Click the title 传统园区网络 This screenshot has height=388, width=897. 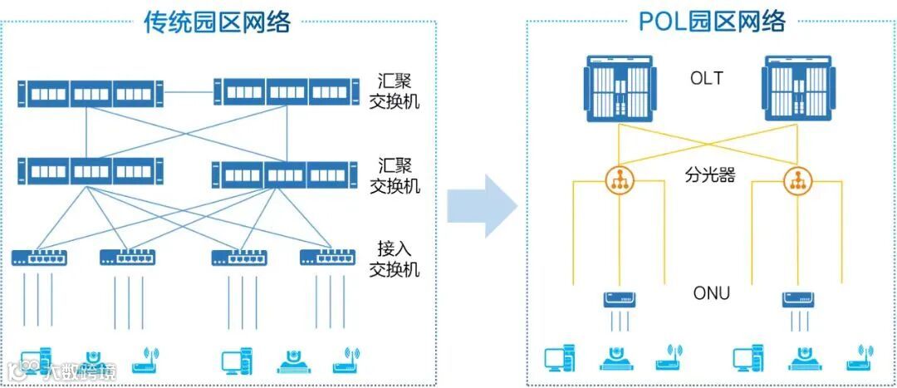[217, 21]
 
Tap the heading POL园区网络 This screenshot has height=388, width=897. [711, 21]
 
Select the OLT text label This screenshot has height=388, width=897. [707, 80]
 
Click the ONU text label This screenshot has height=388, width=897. [711, 292]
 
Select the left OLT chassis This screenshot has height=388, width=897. [620, 89]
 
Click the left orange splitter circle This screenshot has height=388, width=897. [618, 181]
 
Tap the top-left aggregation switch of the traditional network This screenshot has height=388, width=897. [91, 92]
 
